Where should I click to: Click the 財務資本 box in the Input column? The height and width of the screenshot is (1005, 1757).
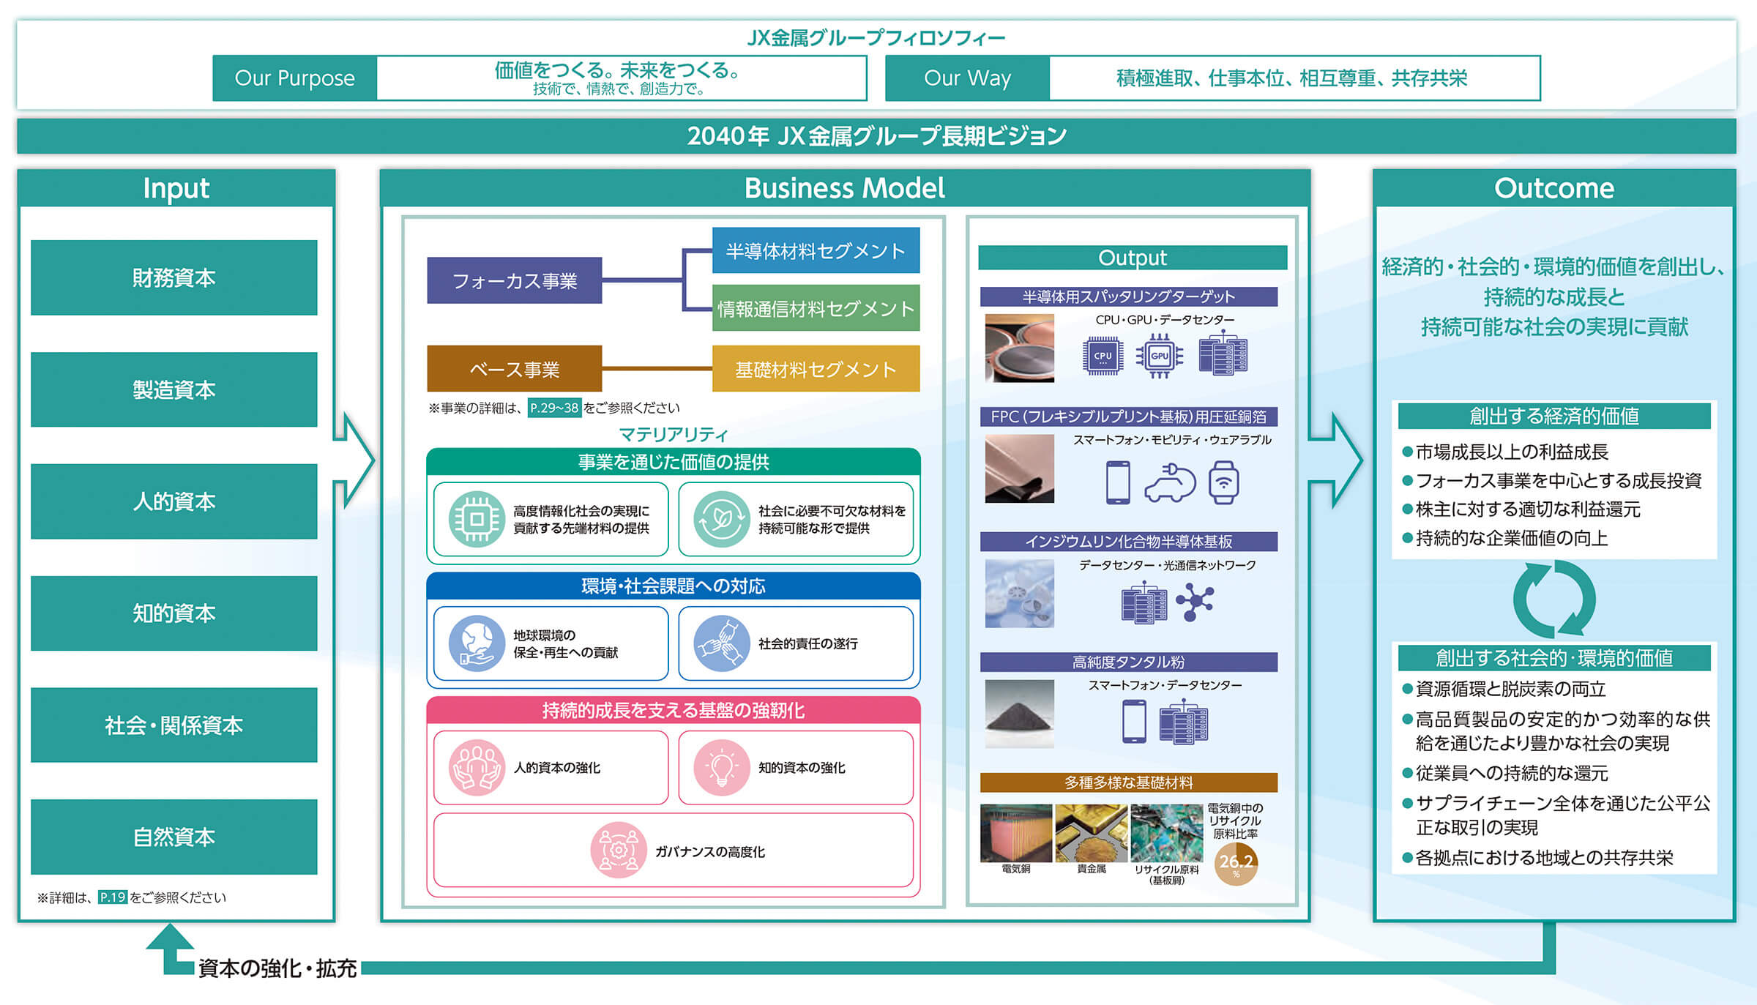click(x=174, y=277)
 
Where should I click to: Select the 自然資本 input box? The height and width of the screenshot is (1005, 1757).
click(x=174, y=837)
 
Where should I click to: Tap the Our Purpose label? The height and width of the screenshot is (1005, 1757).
click(x=295, y=78)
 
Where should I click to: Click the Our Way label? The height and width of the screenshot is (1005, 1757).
click(x=967, y=78)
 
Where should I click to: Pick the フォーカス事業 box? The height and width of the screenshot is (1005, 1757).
click(x=515, y=280)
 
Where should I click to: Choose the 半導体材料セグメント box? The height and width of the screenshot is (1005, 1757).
click(x=816, y=250)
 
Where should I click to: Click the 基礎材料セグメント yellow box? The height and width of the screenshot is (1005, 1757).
click(x=816, y=369)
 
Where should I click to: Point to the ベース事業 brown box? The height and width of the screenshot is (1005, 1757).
click(x=515, y=369)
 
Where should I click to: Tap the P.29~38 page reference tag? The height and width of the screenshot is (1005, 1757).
click(x=554, y=408)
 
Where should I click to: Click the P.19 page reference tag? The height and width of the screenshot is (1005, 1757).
click(x=113, y=897)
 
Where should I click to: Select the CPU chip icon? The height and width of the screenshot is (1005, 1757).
click(x=1102, y=356)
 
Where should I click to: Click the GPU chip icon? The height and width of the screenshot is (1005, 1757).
click(x=1160, y=356)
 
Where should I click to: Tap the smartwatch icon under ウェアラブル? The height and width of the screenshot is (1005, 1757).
click(x=1223, y=482)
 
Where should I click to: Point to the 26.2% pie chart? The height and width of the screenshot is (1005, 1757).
click(x=1236, y=864)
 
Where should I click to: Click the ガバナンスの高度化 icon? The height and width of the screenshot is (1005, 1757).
click(x=619, y=851)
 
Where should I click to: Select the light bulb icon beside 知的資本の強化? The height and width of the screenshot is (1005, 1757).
click(x=722, y=767)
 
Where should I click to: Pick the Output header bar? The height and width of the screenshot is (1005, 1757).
click(x=1133, y=258)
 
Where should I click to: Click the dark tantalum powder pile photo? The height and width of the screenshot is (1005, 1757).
click(x=1019, y=714)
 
